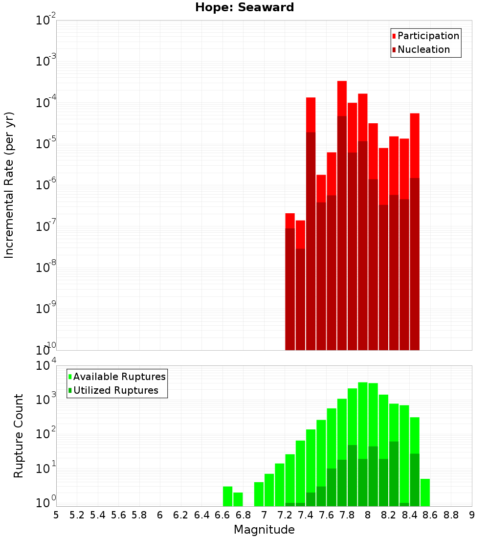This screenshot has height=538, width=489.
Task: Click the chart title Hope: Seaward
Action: coord(244,7)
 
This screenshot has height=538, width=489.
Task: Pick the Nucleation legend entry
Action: coord(423,49)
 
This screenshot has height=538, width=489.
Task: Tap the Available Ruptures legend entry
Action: coord(119,377)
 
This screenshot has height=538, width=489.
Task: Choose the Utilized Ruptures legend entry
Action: coord(115,390)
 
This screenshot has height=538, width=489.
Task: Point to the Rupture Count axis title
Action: coord(19,436)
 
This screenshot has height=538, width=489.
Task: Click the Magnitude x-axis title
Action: coord(264,529)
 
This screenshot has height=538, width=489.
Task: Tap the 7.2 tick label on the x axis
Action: coord(285,515)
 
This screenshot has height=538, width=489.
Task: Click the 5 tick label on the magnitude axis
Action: coord(56,515)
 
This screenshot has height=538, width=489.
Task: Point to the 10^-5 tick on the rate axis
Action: coord(45,143)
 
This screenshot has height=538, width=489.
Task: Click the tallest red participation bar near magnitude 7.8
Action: coord(342,98)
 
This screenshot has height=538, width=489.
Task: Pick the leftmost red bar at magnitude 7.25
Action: coord(290,221)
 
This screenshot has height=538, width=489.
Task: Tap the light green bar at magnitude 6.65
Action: coord(227,496)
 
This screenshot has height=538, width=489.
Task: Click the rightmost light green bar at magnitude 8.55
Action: coord(425,492)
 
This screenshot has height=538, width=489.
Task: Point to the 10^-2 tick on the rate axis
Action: coord(45,21)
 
